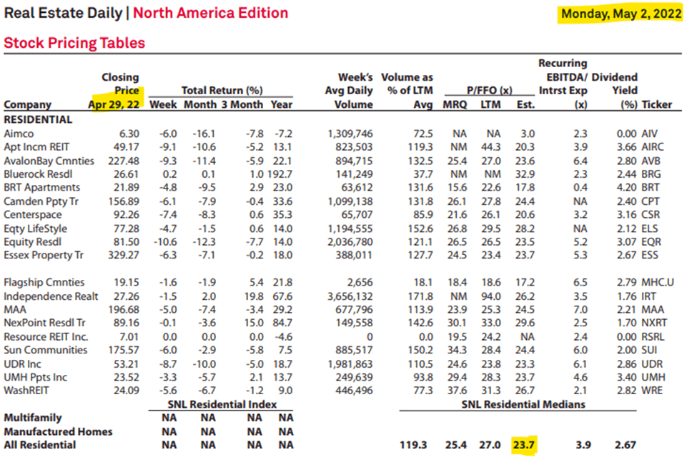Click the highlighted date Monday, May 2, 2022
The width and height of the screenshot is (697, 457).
pyautogui.click(x=621, y=14)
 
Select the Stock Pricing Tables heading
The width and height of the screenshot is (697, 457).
pyautogui.click(x=74, y=43)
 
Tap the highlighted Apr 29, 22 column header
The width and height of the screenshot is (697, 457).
pyautogui.click(x=114, y=104)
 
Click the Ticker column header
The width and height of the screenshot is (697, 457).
pyautogui.click(x=657, y=104)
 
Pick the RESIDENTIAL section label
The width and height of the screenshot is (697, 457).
pyautogui.click(x=38, y=120)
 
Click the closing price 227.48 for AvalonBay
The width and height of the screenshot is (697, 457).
pyautogui.click(x=124, y=161)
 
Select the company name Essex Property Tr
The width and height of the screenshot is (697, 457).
pyautogui.click(x=44, y=255)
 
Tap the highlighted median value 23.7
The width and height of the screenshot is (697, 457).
pyautogui.click(x=523, y=446)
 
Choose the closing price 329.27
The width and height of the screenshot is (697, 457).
pyautogui.click(x=124, y=255)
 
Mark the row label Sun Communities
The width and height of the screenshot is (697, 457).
pyautogui.click(x=45, y=350)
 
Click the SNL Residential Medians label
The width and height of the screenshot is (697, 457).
pyautogui.click(x=523, y=404)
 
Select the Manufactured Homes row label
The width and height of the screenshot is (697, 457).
pyautogui.click(x=58, y=431)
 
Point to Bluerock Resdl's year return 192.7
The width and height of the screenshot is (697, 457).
pyautogui.click(x=280, y=174)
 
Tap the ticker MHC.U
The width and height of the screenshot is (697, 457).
pyautogui.click(x=660, y=282)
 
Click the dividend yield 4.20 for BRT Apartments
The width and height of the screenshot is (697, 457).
pyautogui.click(x=626, y=188)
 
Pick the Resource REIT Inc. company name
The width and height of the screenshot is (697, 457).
pyautogui.click(x=46, y=336)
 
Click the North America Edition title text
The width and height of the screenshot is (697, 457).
pyautogui.click(x=211, y=14)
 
